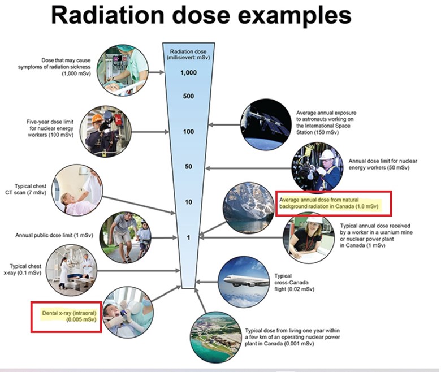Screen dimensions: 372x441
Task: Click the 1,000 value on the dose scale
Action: point(188,73)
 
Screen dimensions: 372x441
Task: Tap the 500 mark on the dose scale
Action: point(188,96)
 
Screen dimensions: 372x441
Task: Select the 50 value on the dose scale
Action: point(188,167)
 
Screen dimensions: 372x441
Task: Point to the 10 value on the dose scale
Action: point(188,202)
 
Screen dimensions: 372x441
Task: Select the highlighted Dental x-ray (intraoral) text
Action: point(65,315)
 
